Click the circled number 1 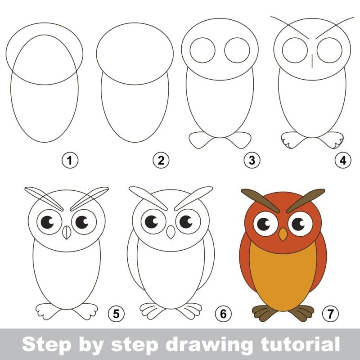click(x=70, y=161)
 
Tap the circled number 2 click(x=161, y=161)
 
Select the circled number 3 click(x=252, y=161)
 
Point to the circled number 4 click(x=343, y=161)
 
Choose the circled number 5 click(x=116, y=314)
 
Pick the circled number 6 click(x=223, y=314)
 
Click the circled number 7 click(x=330, y=314)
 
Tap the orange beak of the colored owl click(x=283, y=234)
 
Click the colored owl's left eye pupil click(x=263, y=224)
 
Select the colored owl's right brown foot click(x=301, y=312)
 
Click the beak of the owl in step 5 click(x=67, y=232)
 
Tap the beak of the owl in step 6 click(x=171, y=232)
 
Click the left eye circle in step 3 click(x=190, y=50)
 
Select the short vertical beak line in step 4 click(x=312, y=61)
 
